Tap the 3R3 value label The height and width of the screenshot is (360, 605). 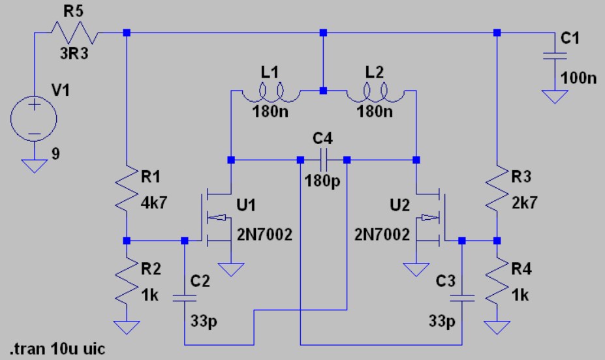click(x=74, y=53)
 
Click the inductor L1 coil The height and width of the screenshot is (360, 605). click(x=271, y=93)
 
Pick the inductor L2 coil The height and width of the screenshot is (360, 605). click(x=375, y=93)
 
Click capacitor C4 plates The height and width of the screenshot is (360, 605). click(x=323, y=160)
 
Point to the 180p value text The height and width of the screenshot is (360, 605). click(x=322, y=181)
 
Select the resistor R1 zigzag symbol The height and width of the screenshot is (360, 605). click(x=127, y=189)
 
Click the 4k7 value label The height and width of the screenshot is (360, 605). click(x=154, y=202)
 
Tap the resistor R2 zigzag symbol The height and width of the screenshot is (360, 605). click(x=127, y=280)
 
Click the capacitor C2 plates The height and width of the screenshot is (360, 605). click(x=185, y=298)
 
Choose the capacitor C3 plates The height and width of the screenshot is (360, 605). click(x=462, y=298)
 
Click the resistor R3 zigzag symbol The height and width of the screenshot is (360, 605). click(x=497, y=189)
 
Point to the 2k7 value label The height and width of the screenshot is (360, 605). click(x=525, y=202)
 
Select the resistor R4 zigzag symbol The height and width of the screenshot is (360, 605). click(x=497, y=280)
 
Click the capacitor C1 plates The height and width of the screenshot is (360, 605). click(x=555, y=56)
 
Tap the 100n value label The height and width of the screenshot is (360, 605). click(x=578, y=78)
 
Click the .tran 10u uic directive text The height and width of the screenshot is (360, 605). click(x=57, y=349)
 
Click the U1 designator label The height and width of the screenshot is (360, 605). click(x=246, y=205)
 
